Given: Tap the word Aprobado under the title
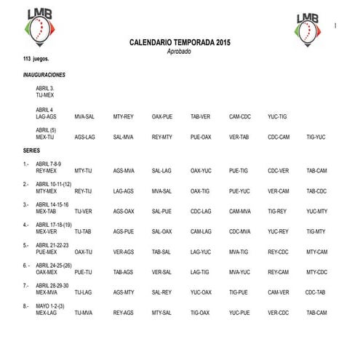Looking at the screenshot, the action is (x=179, y=52).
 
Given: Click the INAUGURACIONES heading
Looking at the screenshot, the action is (x=44, y=75).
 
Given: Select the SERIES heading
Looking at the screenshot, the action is (x=31, y=150).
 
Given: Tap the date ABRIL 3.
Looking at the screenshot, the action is (x=44, y=89).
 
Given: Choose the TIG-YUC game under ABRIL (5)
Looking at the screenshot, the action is (x=316, y=137).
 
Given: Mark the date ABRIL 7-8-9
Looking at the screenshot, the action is (x=49, y=164).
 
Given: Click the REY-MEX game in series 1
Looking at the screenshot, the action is (x=46, y=171).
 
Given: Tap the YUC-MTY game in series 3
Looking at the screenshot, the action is (x=317, y=212).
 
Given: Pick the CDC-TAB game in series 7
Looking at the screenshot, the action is (x=315, y=292).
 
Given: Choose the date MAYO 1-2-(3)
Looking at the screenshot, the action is (x=51, y=306).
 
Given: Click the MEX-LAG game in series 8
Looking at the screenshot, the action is (x=46, y=313).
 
